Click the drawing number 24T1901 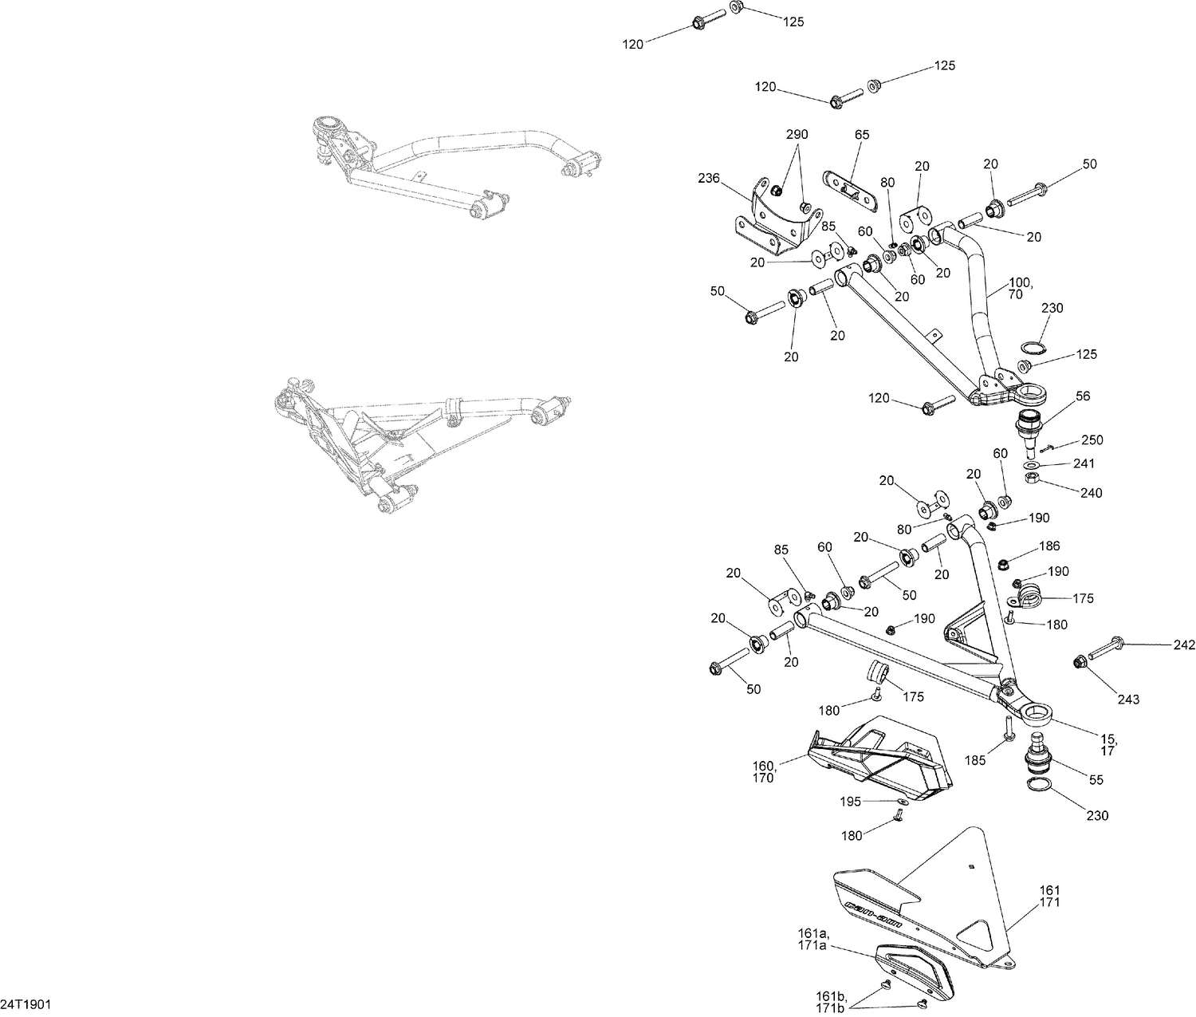(26, 1003)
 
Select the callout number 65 (862, 135)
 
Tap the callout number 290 (797, 135)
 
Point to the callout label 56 (1082, 396)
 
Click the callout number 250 (1092, 440)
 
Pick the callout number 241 (1084, 463)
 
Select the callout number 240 (1091, 493)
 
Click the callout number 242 (1183, 644)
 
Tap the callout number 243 (1128, 700)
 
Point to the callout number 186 (1049, 547)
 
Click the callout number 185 (976, 761)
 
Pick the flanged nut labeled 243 (1080, 661)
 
